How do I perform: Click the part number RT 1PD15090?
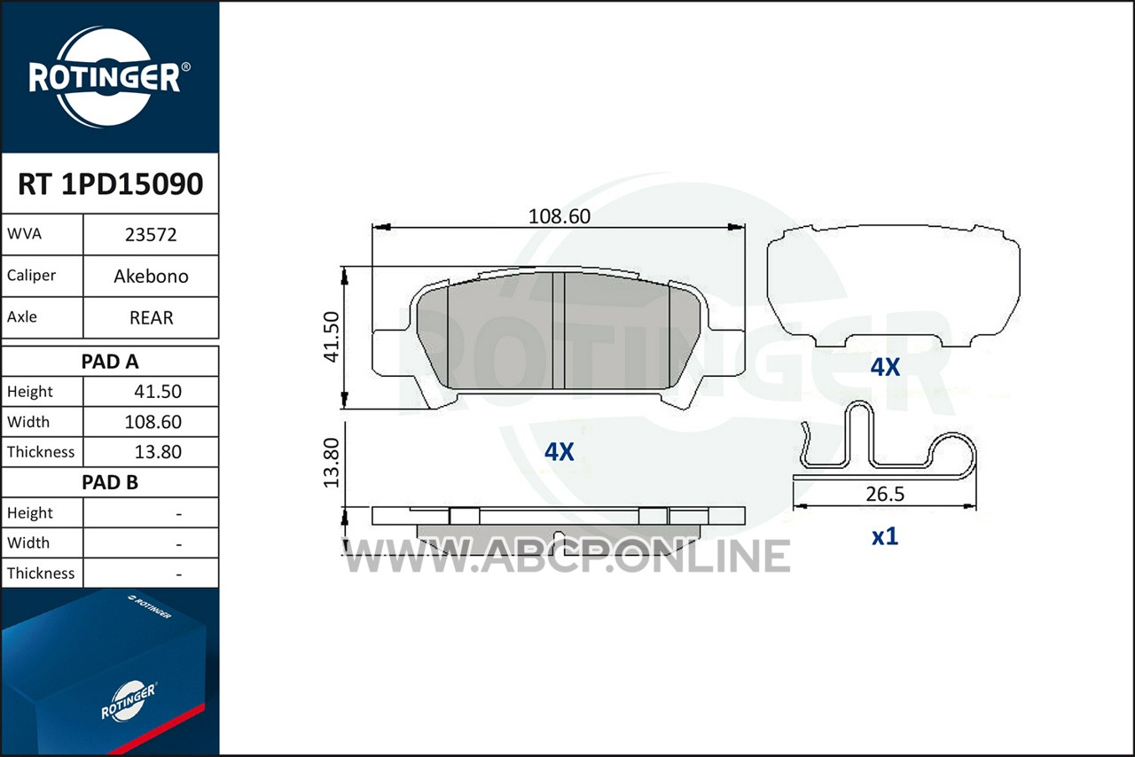[x=111, y=183]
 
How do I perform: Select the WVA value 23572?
[x=151, y=235]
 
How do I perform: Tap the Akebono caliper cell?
[x=151, y=277]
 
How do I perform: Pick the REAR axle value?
[x=151, y=317]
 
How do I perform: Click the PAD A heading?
[x=110, y=362]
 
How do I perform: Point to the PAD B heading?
[x=110, y=482]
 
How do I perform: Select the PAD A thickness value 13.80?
[x=158, y=451]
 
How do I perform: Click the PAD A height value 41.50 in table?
[x=158, y=391]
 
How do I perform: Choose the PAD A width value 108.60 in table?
[x=153, y=422]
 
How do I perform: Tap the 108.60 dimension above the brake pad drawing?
[x=559, y=216]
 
